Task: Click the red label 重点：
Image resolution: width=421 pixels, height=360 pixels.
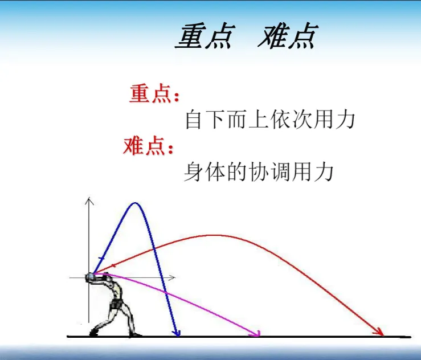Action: pos(154,93)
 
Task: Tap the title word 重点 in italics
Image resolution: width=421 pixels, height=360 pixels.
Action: pos(205,37)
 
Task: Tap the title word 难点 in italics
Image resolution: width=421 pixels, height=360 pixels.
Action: pos(287,37)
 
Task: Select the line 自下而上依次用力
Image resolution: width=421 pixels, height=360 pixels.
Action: pos(270,120)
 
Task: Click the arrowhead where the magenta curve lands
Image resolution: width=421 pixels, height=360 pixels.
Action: pos(257,333)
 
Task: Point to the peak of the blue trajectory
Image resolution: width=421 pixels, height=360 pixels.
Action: pos(136,203)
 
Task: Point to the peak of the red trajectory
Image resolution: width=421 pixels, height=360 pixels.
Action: pos(214,235)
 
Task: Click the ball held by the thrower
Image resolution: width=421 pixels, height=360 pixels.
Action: pos(90,277)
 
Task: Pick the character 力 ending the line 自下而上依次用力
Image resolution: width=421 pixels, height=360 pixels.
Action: pos(345,120)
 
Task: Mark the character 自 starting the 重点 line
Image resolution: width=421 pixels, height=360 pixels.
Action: pos(195,120)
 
